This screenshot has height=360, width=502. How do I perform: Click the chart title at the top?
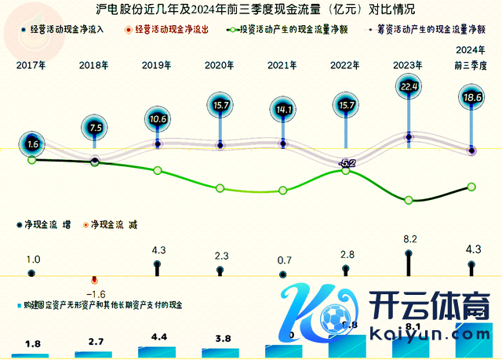(x=250, y=9)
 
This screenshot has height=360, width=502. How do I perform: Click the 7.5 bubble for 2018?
(x=96, y=126)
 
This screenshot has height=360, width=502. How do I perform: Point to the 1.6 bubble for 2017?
(x=32, y=144)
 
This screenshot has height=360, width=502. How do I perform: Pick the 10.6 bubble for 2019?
(x=158, y=119)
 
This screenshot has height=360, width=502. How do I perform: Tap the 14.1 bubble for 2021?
(x=282, y=111)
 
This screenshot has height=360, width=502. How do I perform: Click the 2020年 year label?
(x=220, y=66)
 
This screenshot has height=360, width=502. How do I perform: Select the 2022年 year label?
(x=346, y=66)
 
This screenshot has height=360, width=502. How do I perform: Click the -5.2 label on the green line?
(x=347, y=162)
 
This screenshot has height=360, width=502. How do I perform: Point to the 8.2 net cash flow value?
(x=409, y=239)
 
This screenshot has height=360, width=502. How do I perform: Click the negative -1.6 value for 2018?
(x=95, y=294)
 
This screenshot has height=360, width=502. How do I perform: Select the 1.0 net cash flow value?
(x=33, y=260)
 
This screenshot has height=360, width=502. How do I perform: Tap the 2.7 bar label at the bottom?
(x=95, y=342)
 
